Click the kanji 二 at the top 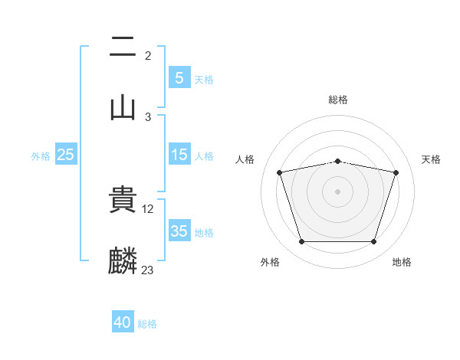click(123, 47)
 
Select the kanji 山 click(123, 106)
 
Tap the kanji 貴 click(123, 198)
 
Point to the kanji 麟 click(123, 260)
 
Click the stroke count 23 click(148, 270)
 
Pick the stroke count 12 click(149, 208)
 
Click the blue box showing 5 click(179, 77)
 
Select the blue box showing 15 click(179, 155)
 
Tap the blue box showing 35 click(179, 231)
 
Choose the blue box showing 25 click(66, 155)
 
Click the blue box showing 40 click(123, 323)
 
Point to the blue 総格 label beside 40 click(147, 324)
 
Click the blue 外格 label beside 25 click(41, 155)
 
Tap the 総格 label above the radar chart click(338, 100)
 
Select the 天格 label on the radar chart click(432, 159)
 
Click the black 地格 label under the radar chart click(402, 263)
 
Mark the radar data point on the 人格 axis click(280, 172)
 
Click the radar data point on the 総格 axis click(338, 161)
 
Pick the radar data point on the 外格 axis click(301, 242)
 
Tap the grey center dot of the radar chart click(338, 191)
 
